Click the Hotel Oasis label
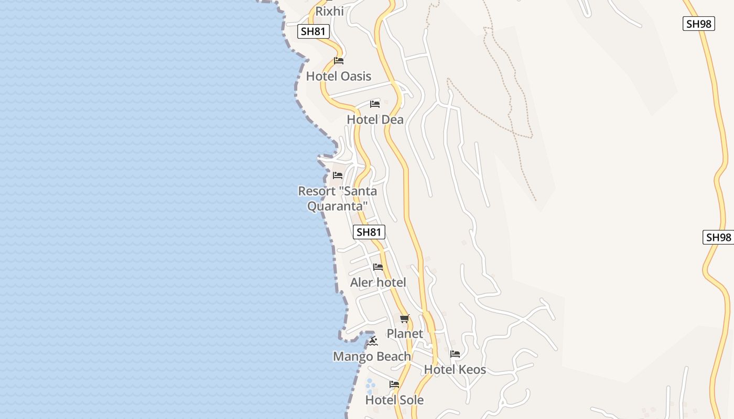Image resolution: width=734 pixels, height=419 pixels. point(338,76)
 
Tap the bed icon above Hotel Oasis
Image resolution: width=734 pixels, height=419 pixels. point(339,61)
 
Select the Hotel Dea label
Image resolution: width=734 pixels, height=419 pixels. point(375,120)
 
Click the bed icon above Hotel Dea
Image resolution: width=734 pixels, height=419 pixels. point(374,104)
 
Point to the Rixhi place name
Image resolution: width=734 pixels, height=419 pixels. point(329,11)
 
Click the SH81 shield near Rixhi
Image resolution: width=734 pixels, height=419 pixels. point(314,31)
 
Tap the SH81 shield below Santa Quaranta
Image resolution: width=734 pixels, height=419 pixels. point(369,232)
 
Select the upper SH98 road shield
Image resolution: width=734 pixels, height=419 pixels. point(699,24)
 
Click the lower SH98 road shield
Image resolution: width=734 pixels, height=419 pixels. point(718,237)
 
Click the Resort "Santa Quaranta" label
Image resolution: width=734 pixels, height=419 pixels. point(337,199)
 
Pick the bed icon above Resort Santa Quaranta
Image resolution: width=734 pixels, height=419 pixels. point(338,175)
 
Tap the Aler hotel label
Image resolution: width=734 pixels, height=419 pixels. point(378,283)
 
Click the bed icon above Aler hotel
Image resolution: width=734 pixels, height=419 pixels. point(378,267)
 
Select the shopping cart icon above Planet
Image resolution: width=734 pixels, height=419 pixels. point(404,318)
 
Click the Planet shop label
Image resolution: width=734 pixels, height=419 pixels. point(405,334)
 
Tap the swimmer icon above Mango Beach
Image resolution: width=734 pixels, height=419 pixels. point(372,341)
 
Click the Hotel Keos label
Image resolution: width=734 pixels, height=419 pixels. point(455,370)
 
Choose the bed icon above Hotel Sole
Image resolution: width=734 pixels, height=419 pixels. point(394,384)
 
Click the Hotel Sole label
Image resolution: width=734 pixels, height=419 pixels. point(394,400)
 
